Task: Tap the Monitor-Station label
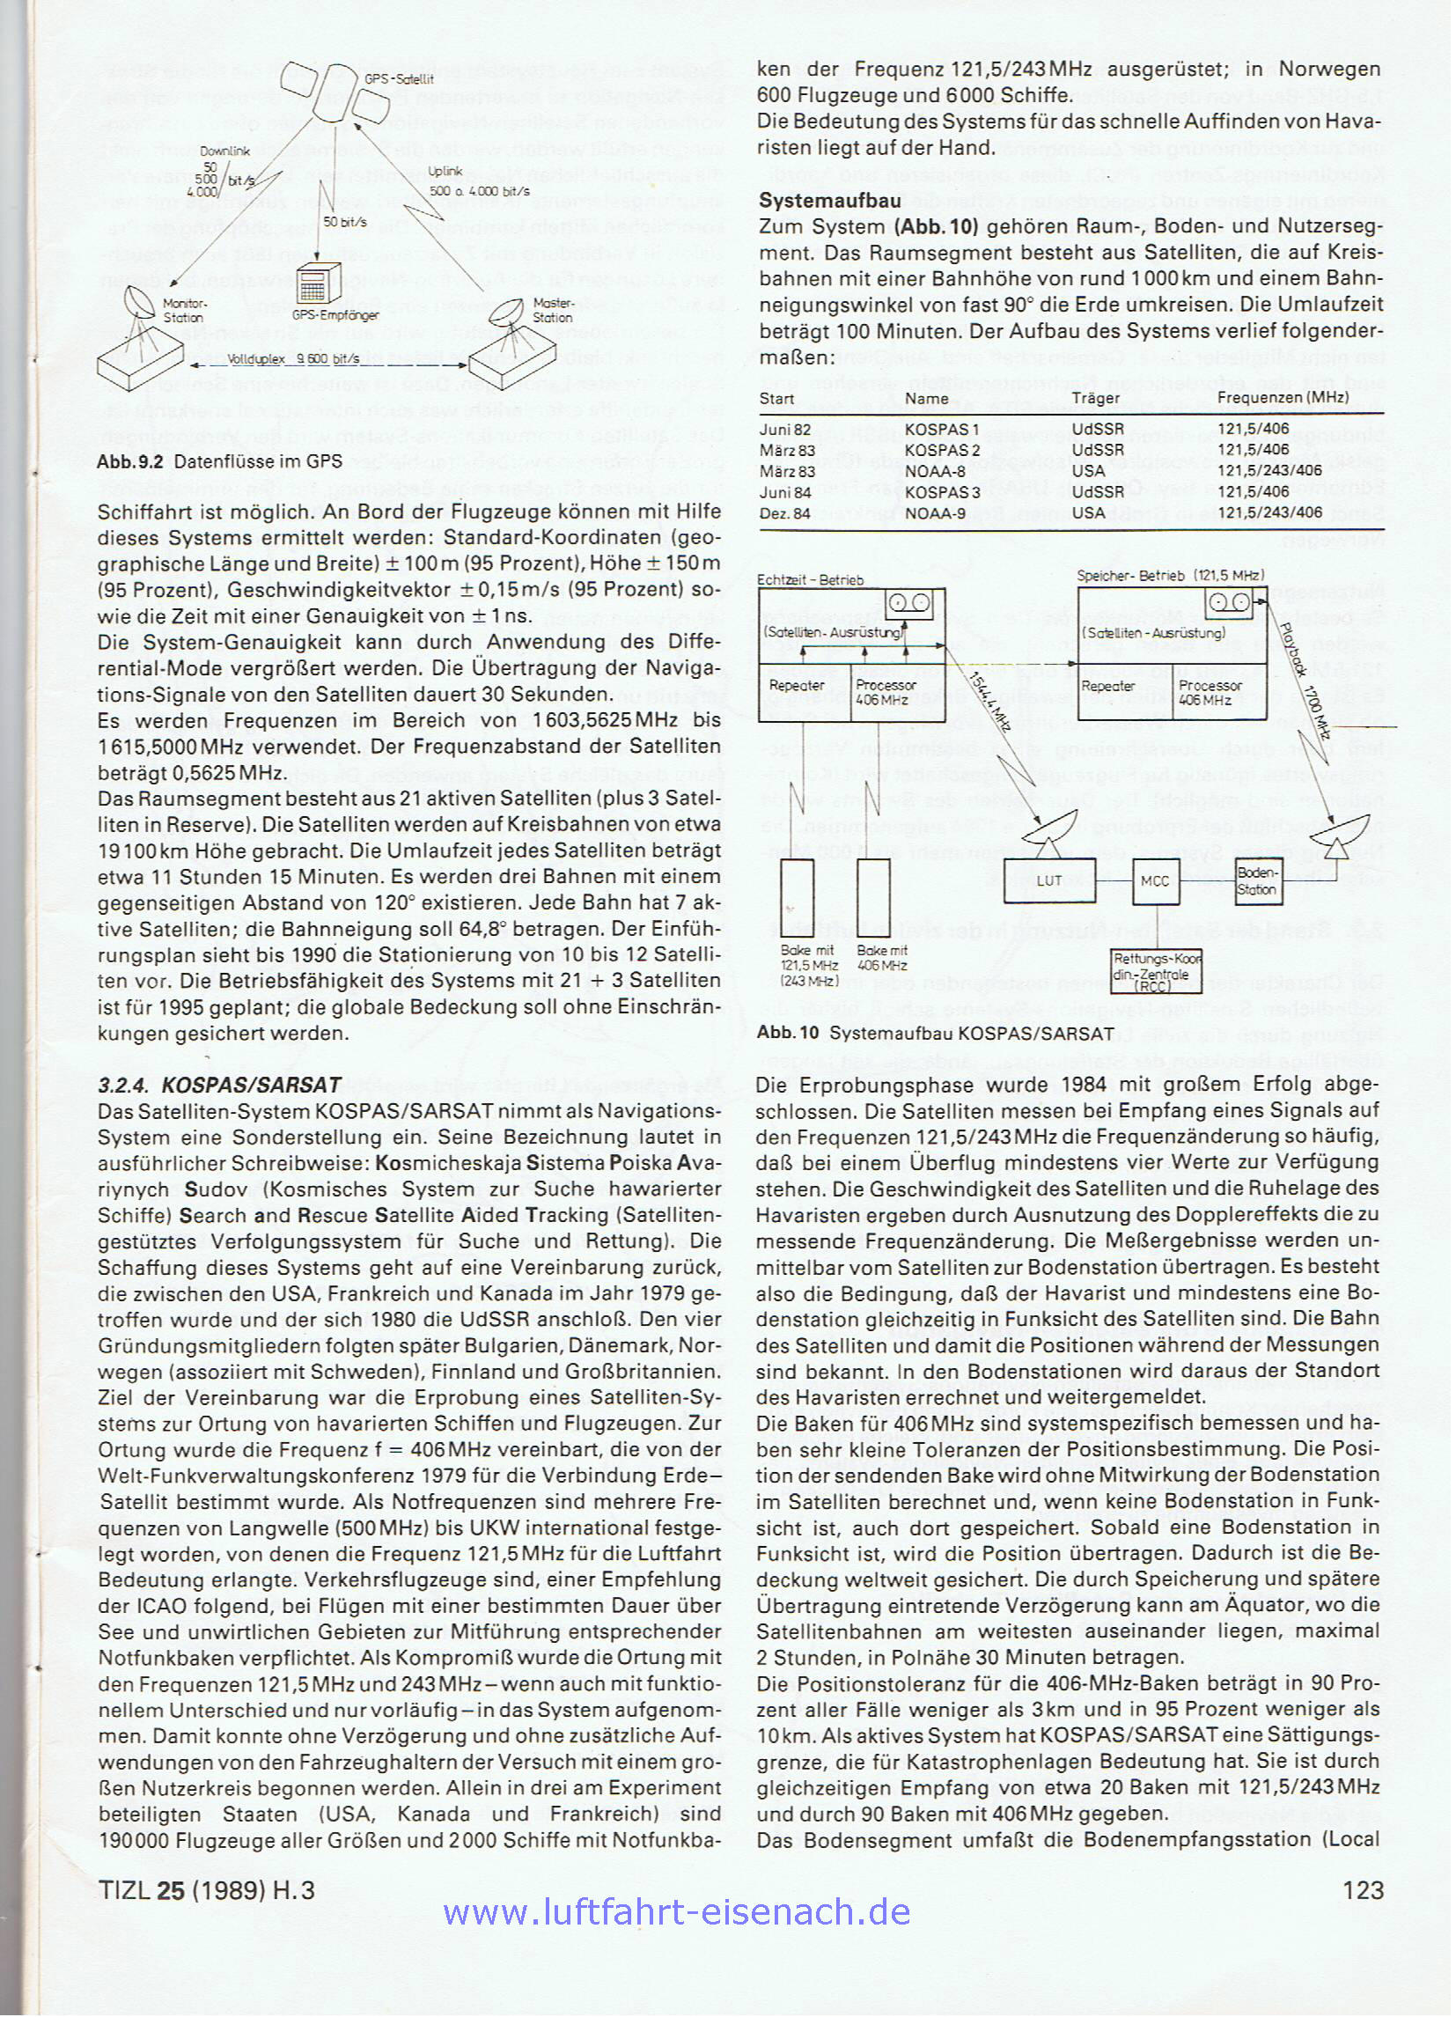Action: (x=184, y=311)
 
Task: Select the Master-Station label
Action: (x=552, y=310)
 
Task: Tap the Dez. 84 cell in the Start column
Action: (x=783, y=512)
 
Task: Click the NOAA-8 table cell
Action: (x=934, y=470)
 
